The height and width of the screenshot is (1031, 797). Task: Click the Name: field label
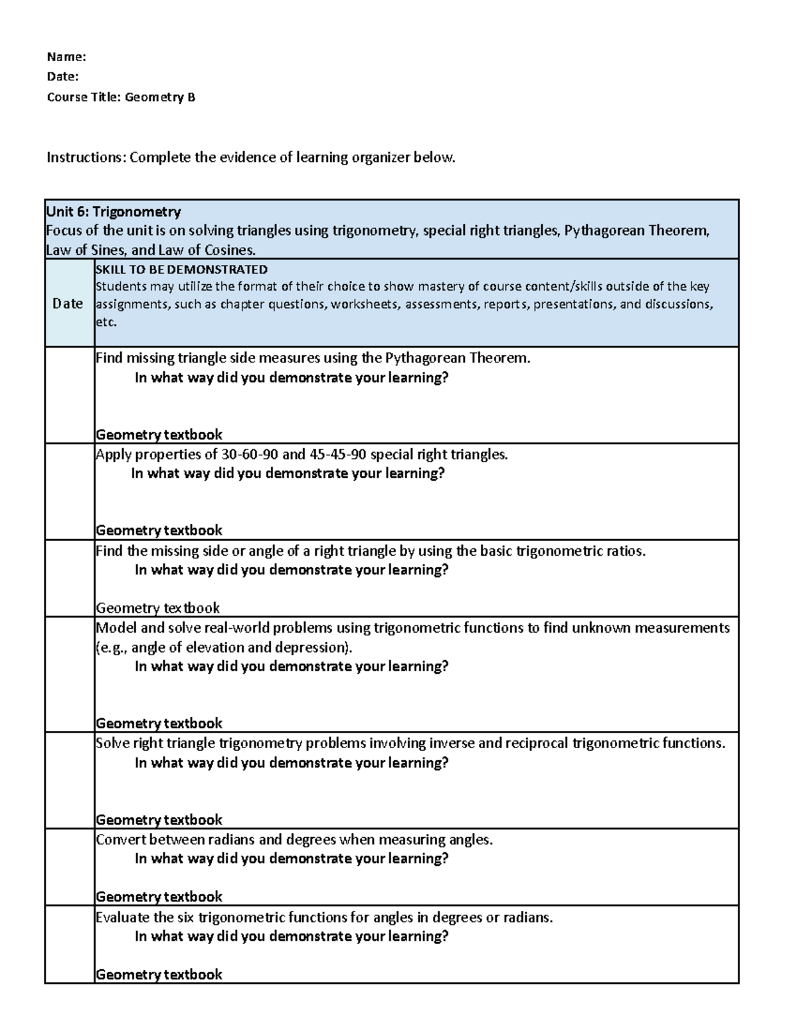(x=66, y=57)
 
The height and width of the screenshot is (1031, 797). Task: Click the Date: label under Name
(x=62, y=77)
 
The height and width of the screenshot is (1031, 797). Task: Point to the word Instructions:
(x=86, y=157)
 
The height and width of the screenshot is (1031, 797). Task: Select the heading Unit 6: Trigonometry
(x=113, y=212)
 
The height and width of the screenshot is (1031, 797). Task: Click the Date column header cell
(x=68, y=303)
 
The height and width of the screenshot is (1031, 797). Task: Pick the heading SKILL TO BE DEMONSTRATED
(x=181, y=269)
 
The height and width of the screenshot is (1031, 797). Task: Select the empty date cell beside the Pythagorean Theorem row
(x=69, y=395)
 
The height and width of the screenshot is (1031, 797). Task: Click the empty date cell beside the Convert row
(x=69, y=867)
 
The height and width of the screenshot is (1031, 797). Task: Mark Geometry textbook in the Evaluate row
(x=159, y=974)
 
